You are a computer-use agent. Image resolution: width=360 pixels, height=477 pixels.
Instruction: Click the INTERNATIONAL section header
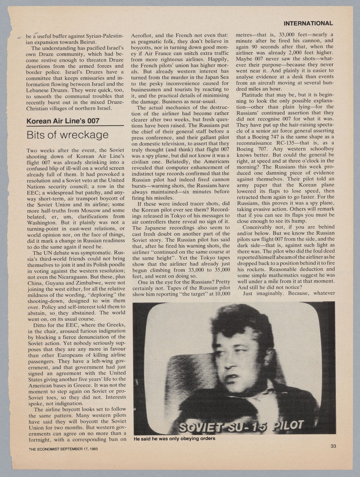[308, 23]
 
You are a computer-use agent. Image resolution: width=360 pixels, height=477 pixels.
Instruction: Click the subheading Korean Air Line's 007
[63, 121]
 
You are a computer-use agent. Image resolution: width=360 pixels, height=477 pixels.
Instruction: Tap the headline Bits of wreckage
[67, 135]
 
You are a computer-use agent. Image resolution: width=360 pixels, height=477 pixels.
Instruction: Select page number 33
[333, 446]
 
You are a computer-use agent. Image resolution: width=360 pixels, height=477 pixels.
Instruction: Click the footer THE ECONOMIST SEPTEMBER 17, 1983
[63, 449]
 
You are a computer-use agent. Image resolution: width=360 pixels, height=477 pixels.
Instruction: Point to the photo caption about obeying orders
[174, 438]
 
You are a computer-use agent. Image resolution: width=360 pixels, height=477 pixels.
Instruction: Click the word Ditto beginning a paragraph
[41, 325]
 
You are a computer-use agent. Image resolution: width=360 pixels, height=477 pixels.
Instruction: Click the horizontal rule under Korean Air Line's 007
[75, 126]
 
